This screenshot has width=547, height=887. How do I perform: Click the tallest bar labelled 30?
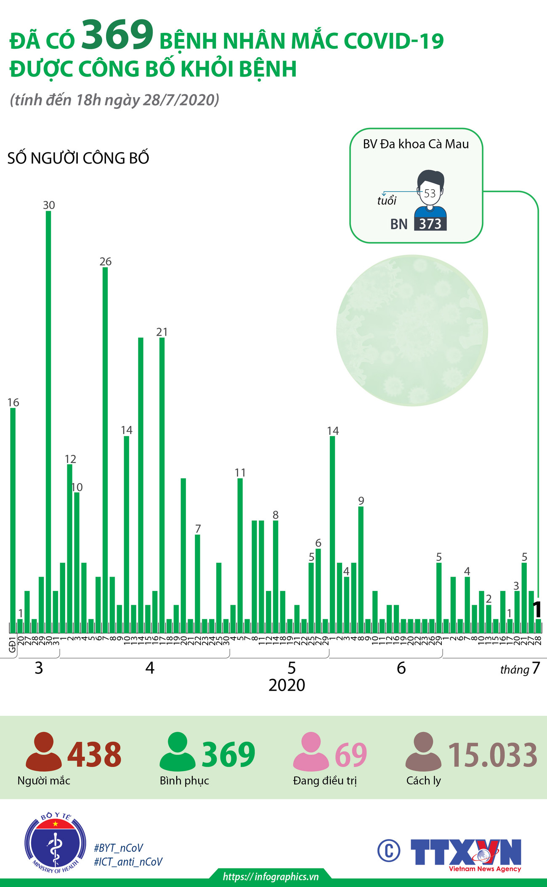(48, 421)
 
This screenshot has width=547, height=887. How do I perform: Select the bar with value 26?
(105, 450)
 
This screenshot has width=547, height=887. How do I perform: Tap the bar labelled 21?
(162, 484)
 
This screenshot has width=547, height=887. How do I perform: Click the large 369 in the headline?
(117, 34)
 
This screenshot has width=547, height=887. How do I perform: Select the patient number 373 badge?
(430, 224)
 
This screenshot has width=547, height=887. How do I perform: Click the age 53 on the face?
(430, 193)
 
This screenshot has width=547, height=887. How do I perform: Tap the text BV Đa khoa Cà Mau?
(416, 144)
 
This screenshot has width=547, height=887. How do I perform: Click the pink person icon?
(311, 752)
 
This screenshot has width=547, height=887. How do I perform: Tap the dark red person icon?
(44, 752)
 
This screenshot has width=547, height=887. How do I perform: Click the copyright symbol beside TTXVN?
(388, 850)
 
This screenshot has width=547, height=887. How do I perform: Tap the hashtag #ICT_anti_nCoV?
(128, 862)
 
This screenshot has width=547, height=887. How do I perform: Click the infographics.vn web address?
(271, 876)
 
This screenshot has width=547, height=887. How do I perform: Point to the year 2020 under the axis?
(287, 685)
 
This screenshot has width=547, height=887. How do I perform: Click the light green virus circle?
(412, 331)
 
